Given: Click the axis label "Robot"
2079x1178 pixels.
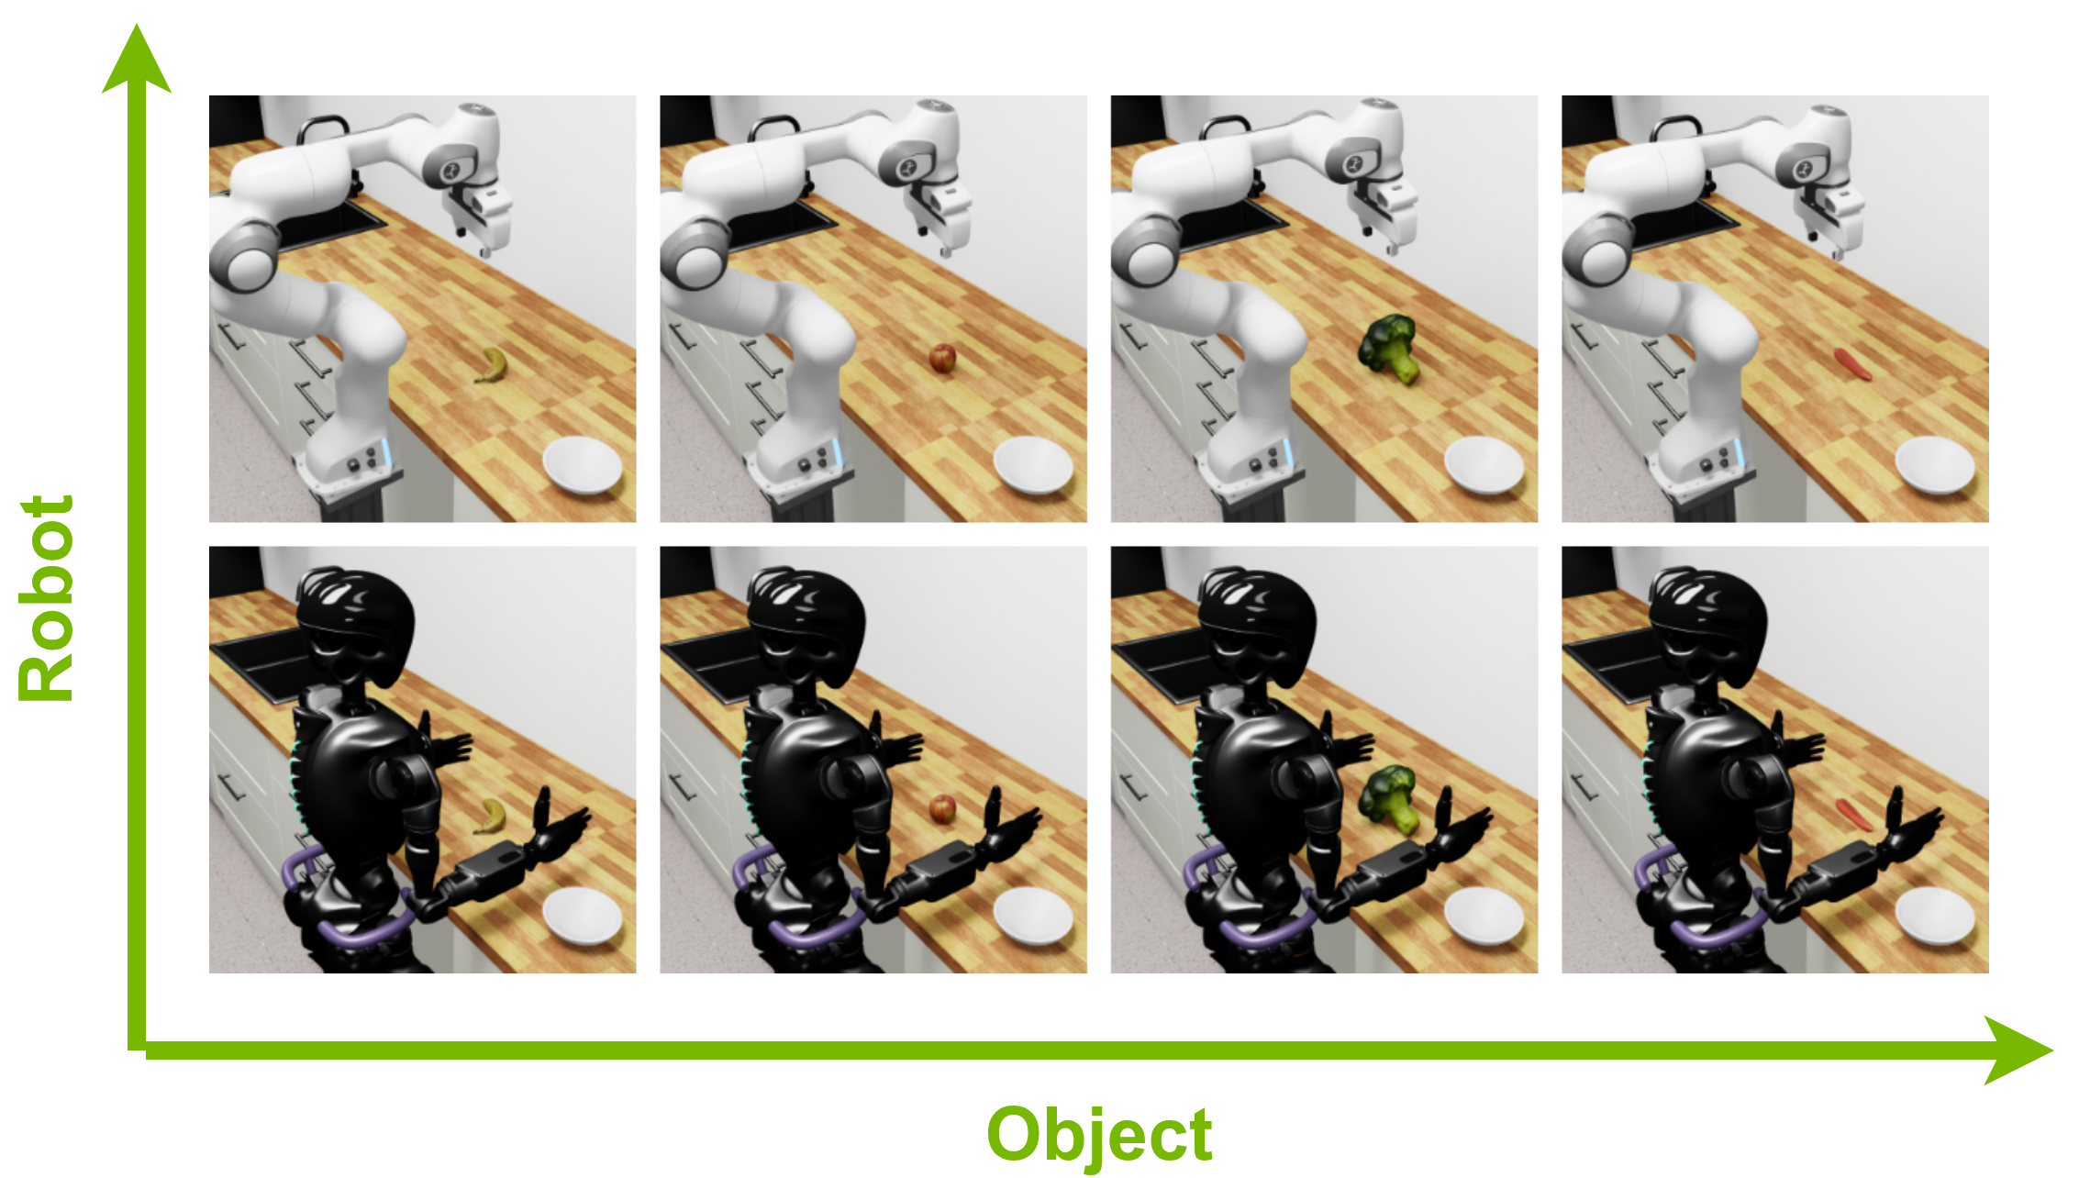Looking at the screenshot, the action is [x=46, y=598].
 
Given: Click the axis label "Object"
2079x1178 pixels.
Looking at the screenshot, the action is [x=1099, y=1135].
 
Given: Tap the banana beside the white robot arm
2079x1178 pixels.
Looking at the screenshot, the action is [x=492, y=365].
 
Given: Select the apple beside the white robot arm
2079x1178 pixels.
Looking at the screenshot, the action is [x=942, y=358].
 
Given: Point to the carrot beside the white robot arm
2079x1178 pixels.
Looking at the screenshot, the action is [x=1852, y=364].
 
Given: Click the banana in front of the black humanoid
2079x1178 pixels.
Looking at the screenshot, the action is [x=490, y=816].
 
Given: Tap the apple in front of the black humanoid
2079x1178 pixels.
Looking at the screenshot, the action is [x=942, y=808].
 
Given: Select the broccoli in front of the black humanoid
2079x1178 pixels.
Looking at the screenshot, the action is [x=1388, y=798].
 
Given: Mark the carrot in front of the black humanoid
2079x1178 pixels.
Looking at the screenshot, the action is [x=1852, y=814].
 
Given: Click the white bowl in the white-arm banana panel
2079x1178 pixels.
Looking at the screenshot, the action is [x=583, y=465].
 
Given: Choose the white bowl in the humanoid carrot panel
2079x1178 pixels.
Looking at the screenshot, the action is [x=1935, y=916].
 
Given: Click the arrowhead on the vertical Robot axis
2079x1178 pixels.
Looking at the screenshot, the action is [x=137, y=58].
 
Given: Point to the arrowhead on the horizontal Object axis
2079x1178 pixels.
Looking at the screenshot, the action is [x=2018, y=1050].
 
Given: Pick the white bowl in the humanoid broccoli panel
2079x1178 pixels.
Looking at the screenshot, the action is [x=1484, y=916].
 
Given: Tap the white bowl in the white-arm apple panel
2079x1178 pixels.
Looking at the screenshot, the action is [x=1033, y=465].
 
